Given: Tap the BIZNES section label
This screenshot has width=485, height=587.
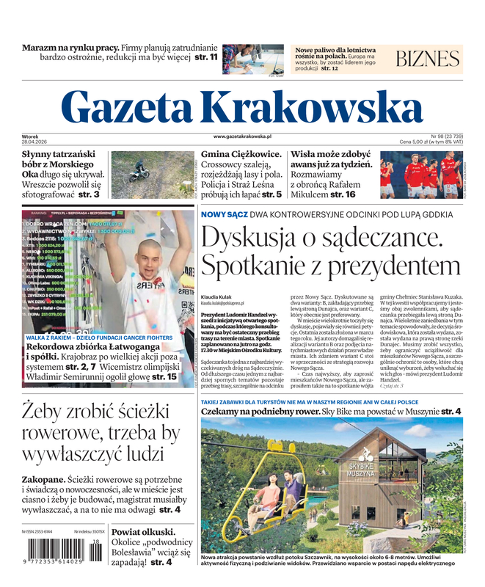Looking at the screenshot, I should pos(428,59).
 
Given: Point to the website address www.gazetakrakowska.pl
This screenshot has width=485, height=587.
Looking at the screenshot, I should pos(242,136).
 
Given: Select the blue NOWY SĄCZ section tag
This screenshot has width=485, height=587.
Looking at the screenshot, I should pos(224,214).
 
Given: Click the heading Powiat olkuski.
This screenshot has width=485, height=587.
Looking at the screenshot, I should pos(143,532).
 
